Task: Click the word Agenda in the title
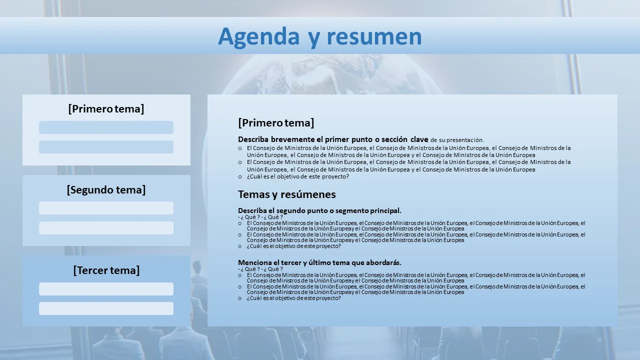click(x=259, y=37)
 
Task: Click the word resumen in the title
click(x=374, y=37)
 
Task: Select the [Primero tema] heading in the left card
click(x=106, y=109)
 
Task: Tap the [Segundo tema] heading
click(x=106, y=189)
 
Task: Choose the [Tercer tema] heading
click(x=106, y=270)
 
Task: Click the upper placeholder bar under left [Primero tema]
click(x=106, y=127)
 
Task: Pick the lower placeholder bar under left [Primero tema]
click(x=106, y=147)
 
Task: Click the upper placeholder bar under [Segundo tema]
click(x=106, y=208)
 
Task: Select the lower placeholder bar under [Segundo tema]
click(x=106, y=228)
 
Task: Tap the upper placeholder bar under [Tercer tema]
click(x=106, y=289)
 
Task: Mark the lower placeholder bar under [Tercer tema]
click(x=106, y=308)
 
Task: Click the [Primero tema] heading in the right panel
click(x=276, y=123)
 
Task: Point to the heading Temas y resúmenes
click(x=287, y=194)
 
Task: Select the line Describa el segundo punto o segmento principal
click(x=319, y=210)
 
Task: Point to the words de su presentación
click(x=457, y=140)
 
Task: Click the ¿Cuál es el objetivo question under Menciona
click(x=293, y=298)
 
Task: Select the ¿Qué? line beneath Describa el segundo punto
click(x=260, y=217)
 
